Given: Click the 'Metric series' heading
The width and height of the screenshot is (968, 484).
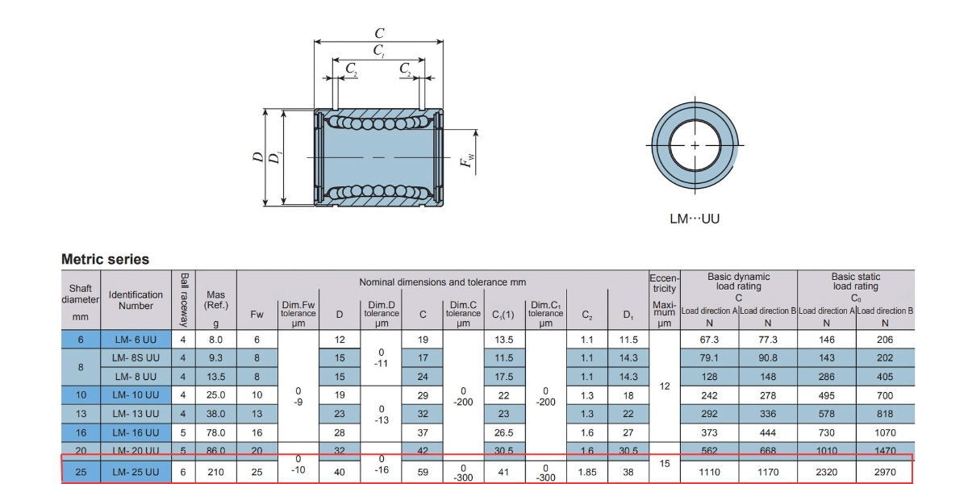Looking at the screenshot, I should [x=105, y=260].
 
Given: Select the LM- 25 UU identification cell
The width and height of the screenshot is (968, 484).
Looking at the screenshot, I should [x=136, y=470].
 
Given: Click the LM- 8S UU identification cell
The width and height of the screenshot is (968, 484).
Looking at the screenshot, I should [x=136, y=358].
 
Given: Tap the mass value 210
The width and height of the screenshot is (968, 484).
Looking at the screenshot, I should [x=215, y=470].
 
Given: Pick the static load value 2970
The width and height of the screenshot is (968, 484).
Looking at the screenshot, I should [x=885, y=470].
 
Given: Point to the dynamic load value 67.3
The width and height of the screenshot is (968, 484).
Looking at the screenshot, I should [x=709, y=340].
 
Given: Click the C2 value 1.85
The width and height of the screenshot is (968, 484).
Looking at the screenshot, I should [x=587, y=470].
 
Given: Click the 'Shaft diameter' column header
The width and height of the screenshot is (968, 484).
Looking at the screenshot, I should [x=81, y=299].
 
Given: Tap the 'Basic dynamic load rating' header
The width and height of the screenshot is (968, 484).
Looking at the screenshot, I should [x=738, y=282].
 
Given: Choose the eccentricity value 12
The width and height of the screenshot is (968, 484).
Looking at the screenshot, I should [x=664, y=386].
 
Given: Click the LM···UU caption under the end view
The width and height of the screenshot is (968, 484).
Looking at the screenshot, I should [x=695, y=219].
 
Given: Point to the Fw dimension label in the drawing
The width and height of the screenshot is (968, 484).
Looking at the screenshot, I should [x=466, y=163].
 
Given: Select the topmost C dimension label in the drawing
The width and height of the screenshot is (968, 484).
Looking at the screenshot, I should [x=379, y=33].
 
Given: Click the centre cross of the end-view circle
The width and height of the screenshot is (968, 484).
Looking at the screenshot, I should [x=695, y=145].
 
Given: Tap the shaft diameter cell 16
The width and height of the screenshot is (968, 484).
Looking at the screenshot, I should [x=81, y=432].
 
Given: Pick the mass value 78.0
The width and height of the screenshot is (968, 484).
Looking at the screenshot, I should [x=215, y=432].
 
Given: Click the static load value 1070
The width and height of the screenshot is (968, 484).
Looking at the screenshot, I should [x=885, y=432].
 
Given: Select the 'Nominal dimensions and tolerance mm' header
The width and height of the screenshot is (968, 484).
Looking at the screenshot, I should [x=442, y=282].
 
